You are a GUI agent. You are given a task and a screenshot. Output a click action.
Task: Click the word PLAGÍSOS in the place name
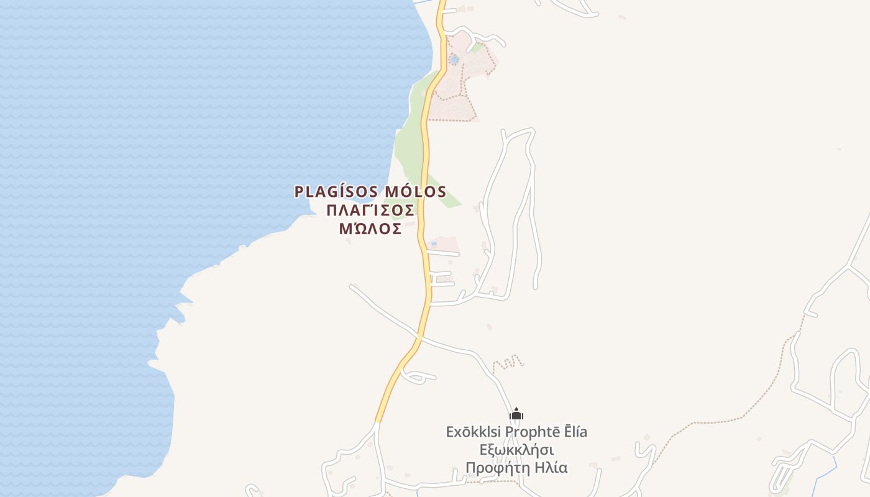336,191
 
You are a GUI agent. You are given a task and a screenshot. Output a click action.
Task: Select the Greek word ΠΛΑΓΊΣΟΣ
370,211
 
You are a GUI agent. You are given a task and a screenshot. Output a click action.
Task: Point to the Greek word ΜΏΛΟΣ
370,229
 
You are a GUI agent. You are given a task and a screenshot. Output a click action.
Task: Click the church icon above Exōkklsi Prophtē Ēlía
516,414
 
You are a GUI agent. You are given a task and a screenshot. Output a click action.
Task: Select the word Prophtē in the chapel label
530,432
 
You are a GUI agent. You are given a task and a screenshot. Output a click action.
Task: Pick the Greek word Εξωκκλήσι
516,450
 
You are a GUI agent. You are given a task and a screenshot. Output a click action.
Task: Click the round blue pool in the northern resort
454,60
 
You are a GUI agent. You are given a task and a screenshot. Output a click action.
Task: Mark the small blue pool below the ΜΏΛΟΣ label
434,244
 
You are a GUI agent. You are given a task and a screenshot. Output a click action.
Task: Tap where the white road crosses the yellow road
420,338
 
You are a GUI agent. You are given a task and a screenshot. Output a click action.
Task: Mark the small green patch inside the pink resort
476,47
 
